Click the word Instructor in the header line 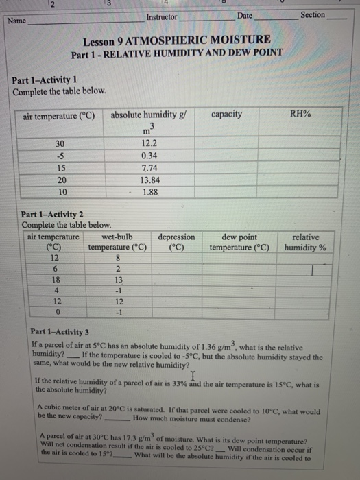click(162, 16)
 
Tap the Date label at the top click(245, 15)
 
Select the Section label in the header click(313, 14)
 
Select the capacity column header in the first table click(226, 114)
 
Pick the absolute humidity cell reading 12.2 click(148, 143)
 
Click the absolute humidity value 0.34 click(148, 155)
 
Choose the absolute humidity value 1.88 click(149, 191)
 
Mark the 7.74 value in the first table click(148, 167)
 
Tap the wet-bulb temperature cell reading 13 click(118, 280)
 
